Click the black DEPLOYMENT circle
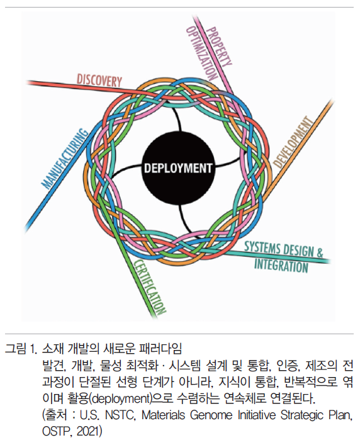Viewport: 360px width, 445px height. pyautogui.click(x=178, y=167)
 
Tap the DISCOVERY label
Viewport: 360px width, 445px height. pyautogui.click(x=99, y=81)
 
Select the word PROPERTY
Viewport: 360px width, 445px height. pyautogui.click(x=219, y=46)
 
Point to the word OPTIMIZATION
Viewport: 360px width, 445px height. pyautogui.click(x=202, y=53)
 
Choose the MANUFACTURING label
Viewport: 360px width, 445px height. pyautogui.click(x=65, y=159)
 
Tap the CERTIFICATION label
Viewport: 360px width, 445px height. pyautogui.click(x=150, y=286)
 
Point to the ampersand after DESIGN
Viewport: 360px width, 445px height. pyautogui.click(x=320, y=252)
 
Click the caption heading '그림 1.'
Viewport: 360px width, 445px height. pyautogui.click(x=21, y=349)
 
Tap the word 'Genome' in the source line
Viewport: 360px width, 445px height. pyautogui.click(x=211, y=415)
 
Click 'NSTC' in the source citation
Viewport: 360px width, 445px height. pyautogui.click(x=119, y=415)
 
